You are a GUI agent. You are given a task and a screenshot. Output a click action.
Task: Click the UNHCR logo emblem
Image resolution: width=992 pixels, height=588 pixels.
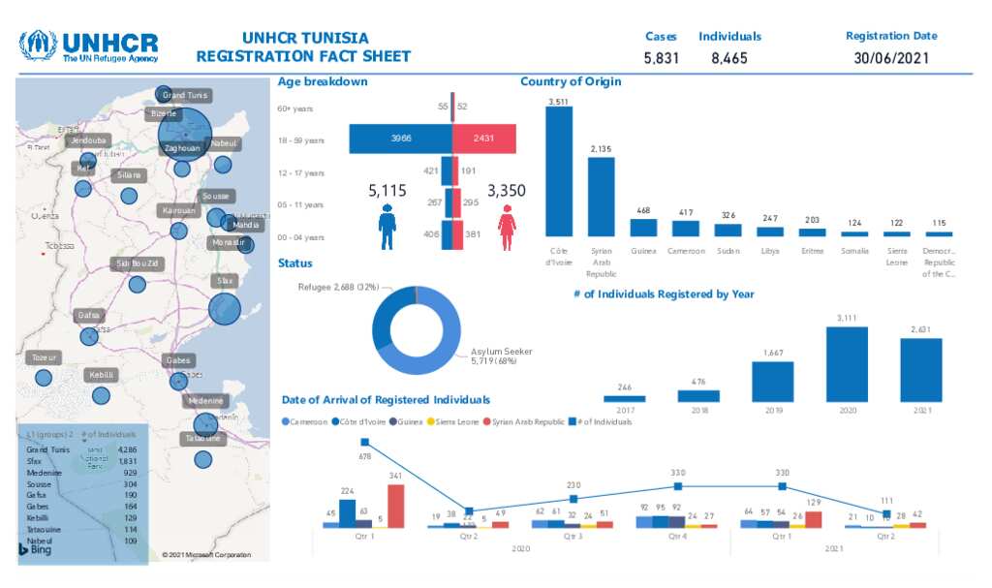[x=39, y=45]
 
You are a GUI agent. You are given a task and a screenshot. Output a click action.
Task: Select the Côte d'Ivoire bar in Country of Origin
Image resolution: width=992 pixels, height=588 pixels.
[x=559, y=171]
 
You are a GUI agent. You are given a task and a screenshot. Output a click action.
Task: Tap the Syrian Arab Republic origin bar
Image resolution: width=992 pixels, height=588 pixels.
[x=601, y=197]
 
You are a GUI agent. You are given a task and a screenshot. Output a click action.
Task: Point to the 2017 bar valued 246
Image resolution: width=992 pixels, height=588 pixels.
[x=624, y=397]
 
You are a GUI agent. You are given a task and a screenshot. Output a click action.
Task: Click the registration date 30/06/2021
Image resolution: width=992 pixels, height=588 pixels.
[x=891, y=58]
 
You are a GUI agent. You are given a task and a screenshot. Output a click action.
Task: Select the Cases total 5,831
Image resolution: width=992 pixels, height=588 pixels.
[x=662, y=58]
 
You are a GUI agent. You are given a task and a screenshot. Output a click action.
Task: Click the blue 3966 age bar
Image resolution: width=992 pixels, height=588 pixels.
[x=400, y=139]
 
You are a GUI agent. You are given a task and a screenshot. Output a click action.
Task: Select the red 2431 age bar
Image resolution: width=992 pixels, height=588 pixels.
[x=483, y=139]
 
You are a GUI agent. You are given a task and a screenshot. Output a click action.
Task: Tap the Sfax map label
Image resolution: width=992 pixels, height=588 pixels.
[x=225, y=281]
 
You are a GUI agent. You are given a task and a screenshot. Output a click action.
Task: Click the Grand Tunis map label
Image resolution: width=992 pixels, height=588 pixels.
[x=184, y=95]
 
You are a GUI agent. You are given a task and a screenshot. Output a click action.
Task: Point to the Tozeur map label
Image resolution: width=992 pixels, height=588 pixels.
[x=45, y=357]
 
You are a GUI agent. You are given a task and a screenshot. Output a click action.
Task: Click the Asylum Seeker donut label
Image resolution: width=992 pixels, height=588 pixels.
[x=501, y=356]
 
